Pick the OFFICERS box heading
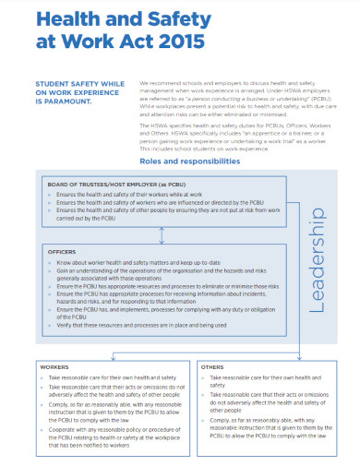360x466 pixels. click(x=63, y=251)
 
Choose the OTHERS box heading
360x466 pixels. click(x=211, y=366)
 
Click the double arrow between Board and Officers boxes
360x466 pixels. click(x=161, y=234)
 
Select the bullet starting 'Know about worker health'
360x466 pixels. click(x=138, y=262)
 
